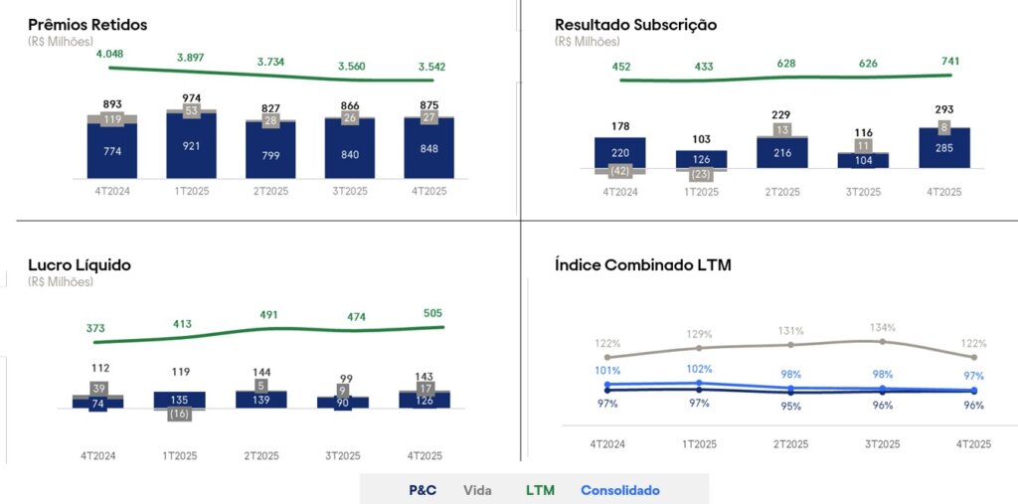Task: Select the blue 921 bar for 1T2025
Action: click(x=191, y=146)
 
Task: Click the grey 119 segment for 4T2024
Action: click(x=111, y=119)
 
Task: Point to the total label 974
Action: click(x=191, y=97)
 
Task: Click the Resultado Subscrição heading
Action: click(x=635, y=25)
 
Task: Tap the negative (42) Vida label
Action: click(x=619, y=170)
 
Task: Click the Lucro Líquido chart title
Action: click(x=80, y=265)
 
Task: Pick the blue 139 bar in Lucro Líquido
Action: click(x=261, y=399)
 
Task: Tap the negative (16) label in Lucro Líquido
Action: click(x=179, y=414)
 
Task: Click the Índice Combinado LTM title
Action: click(x=643, y=265)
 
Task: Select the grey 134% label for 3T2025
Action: click(x=882, y=327)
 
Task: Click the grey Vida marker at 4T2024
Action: click(x=606, y=357)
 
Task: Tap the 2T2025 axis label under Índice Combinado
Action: click(x=789, y=444)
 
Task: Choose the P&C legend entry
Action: click(x=423, y=490)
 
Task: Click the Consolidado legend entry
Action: click(x=619, y=490)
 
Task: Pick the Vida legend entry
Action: click(x=479, y=490)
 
